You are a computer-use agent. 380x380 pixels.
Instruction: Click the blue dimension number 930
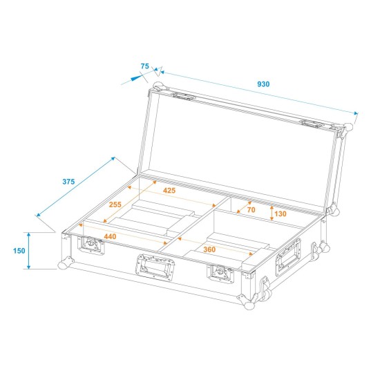click(263, 84)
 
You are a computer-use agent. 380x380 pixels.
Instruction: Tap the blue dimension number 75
click(144, 66)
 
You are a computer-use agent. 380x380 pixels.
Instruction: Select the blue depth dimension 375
click(68, 182)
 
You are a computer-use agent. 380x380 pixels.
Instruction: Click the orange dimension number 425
click(169, 190)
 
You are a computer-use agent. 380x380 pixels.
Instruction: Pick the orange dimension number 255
click(116, 205)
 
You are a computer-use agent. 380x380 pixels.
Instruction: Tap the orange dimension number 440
click(111, 237)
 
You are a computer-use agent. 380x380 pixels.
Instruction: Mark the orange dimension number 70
click(251, 209)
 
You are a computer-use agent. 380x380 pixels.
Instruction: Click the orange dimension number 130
click(280, 214)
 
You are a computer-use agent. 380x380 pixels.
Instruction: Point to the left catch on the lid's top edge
click(184, 97)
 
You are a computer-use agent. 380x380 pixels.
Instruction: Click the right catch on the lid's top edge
click(311, 124)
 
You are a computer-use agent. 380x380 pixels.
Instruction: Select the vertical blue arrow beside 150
click(29, 250)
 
